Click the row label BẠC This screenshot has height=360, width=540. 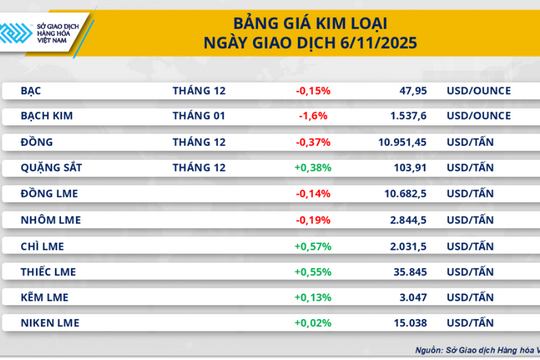(x=31, y=91)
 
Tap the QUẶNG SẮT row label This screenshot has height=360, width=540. (x=49, y=167)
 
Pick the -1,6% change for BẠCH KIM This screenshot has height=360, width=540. (x=311, y=117)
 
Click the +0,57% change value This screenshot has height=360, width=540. (x=313, y=245)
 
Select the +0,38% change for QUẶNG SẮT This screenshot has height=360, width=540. (x=313, y=167)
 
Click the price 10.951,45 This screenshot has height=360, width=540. (x=400, y=143)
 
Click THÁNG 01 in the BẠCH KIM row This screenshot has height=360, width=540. (x=199, y=117)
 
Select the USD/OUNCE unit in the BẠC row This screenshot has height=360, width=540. (x=478, y=91)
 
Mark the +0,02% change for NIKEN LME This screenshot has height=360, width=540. (x=313, y=322)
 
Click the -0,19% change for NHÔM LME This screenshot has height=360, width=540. (x=313, y=219)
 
